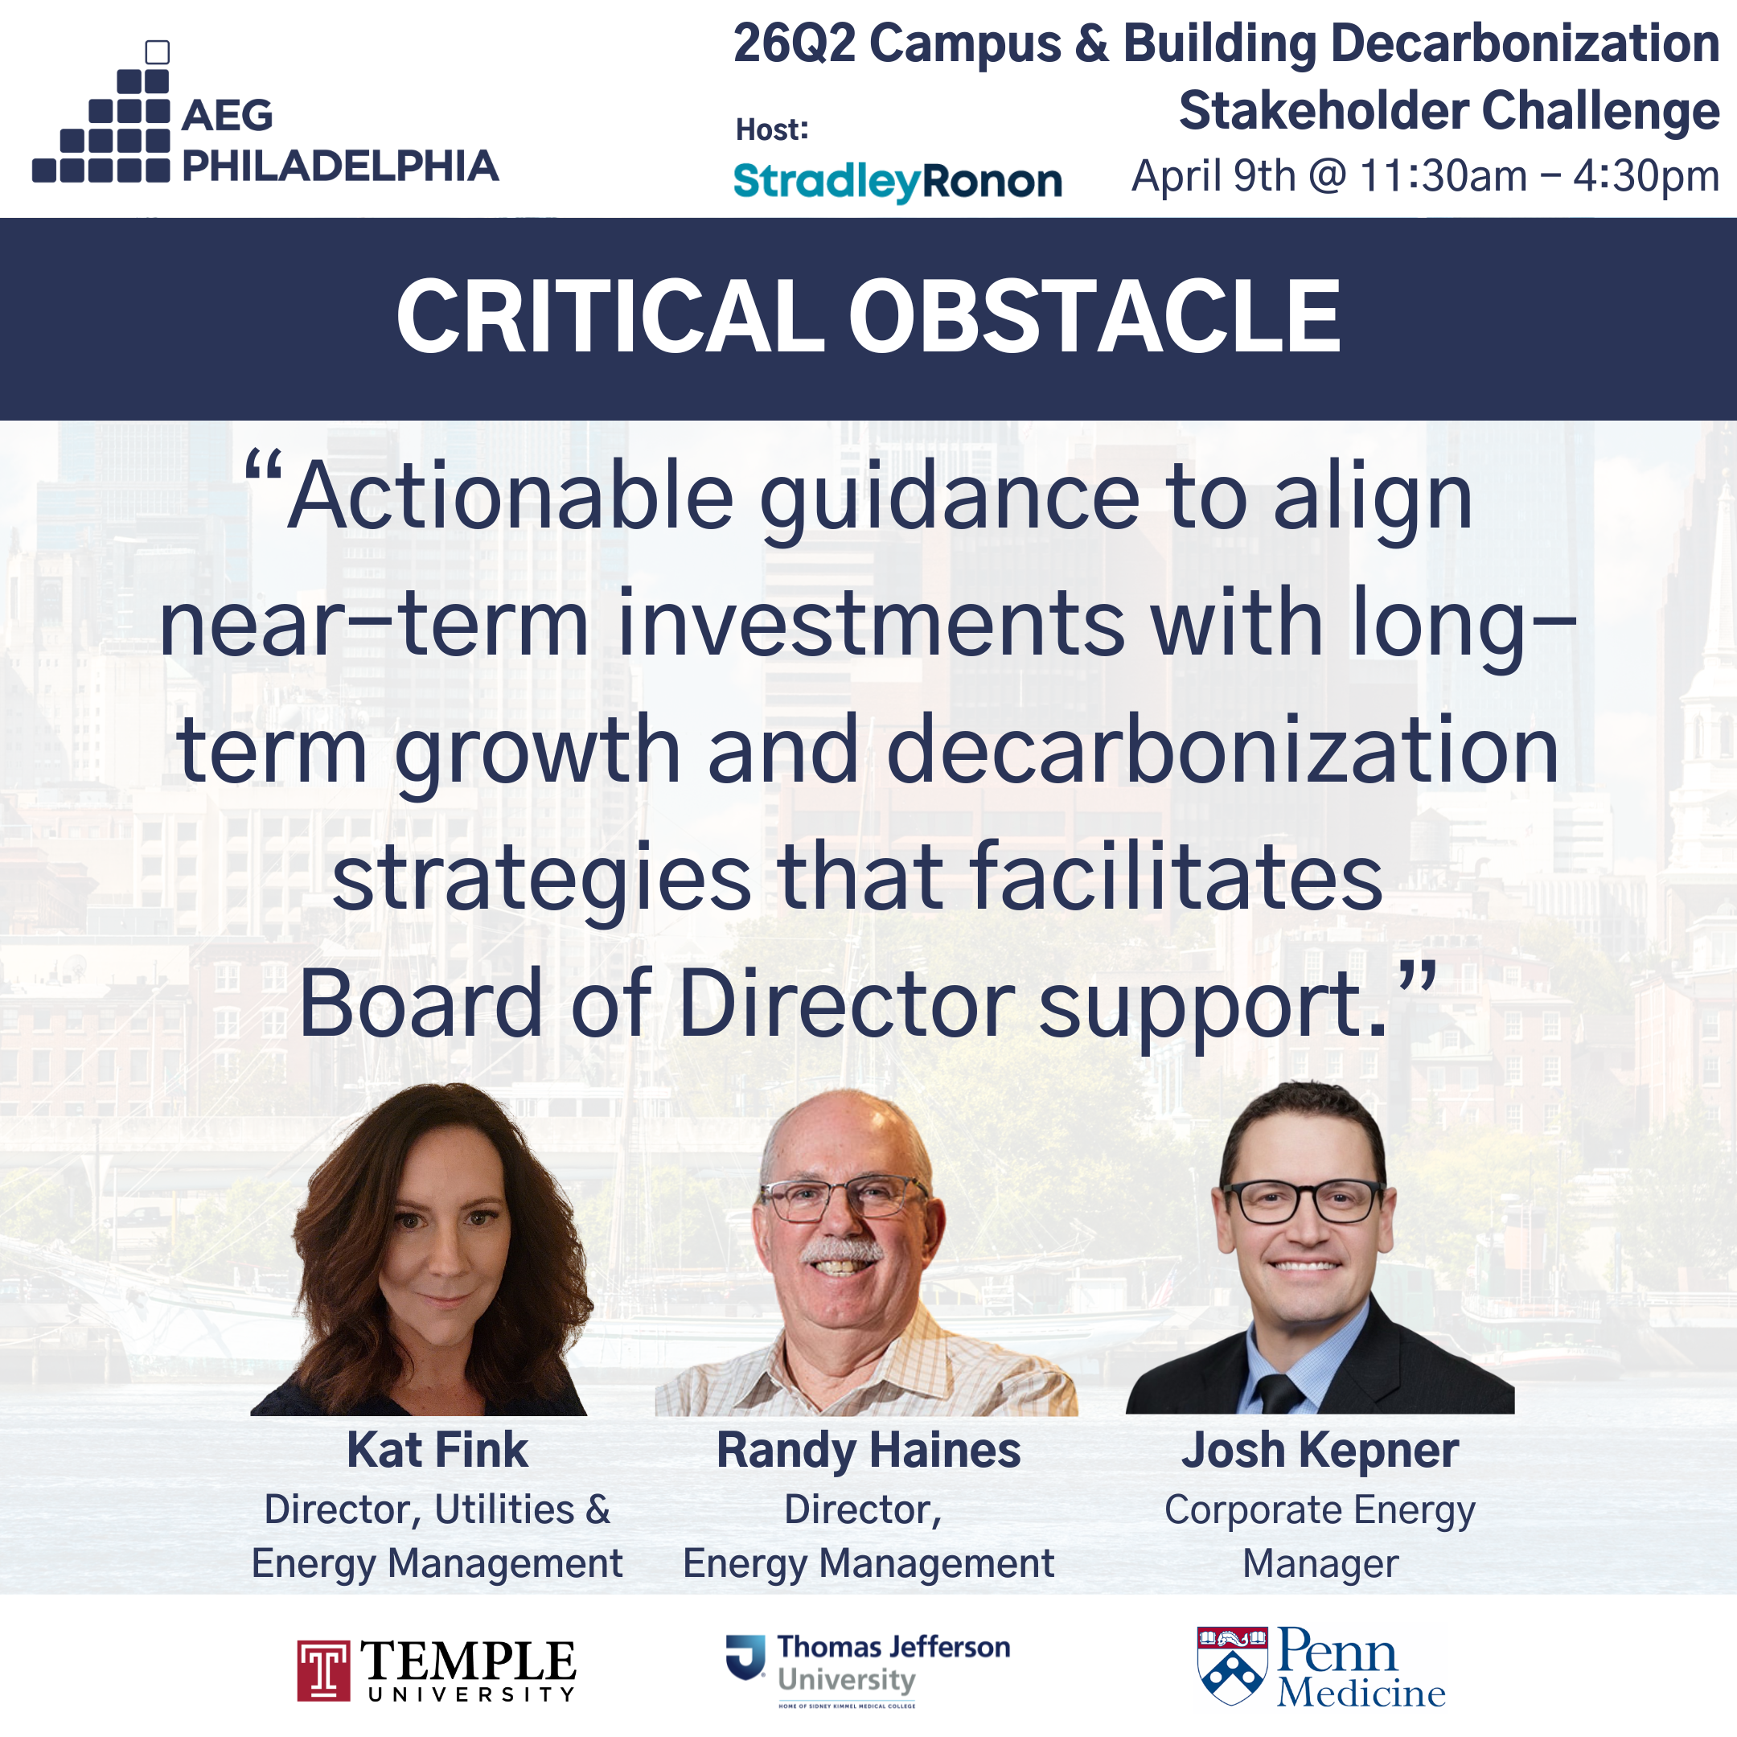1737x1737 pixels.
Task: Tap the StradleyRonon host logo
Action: click(x=897, y=182)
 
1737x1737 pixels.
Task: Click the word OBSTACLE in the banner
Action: click(x=1094, y=317)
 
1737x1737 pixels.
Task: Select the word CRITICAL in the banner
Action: click(x=610, y=317)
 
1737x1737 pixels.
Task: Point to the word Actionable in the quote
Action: click(x=511, y=497)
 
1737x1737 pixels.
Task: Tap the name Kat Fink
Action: click(x=437, y=1450)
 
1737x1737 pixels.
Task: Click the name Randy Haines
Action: click(x=868, y=1450)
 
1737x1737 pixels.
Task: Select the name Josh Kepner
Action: click(x=1320, y=1450)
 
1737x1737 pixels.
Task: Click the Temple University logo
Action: click(x=437, y=1670)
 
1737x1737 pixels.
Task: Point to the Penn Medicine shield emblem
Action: click(x=1233, y=1666)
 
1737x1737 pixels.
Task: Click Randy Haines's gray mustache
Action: click(x=843, y=1250)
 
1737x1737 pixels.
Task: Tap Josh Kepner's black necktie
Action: click(x=1279, y=1393)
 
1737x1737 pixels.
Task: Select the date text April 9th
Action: click(x=1214, y=176)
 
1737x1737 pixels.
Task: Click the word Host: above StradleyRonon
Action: click(x=772, y=129)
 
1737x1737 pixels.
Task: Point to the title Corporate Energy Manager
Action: click(x=1320, y=1537)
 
